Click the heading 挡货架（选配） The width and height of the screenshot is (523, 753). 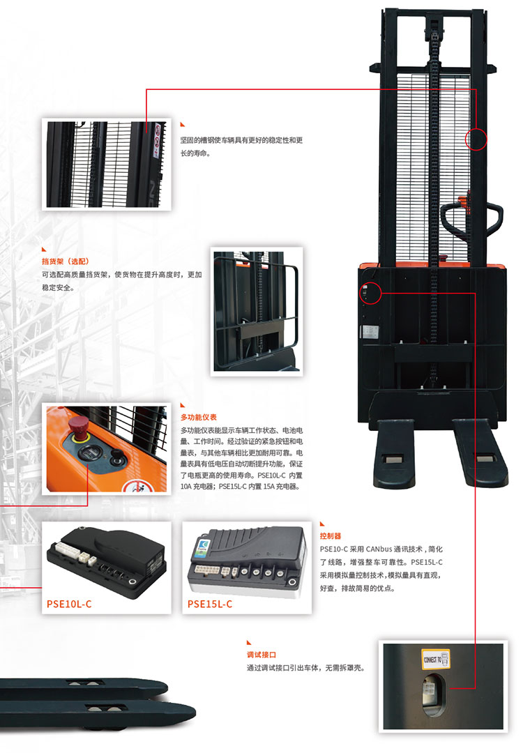(x=66, y=261)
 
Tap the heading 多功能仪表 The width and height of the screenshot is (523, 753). (x=198, y=418)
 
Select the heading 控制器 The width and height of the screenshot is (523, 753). (x=331, y=536)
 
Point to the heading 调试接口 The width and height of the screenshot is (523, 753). (x=261, y=655)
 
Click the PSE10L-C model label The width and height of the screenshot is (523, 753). (x=68, y=604)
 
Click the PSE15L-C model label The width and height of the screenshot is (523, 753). (x=209, y=604)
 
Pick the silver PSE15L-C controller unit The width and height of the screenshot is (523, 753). (x=247, y=560)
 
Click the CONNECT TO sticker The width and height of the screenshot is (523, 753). (x=436, y=658)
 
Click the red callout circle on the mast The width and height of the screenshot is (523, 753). (x=476, y=139)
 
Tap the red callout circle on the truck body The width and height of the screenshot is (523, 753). (x=370, y=293)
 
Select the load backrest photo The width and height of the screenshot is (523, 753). (x=257, y=311)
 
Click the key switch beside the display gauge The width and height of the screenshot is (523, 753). (x=116, y=456)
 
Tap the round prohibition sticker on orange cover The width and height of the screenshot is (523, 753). (x=138, y=486)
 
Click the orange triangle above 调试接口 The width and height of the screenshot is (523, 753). (x=249, y=643)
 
